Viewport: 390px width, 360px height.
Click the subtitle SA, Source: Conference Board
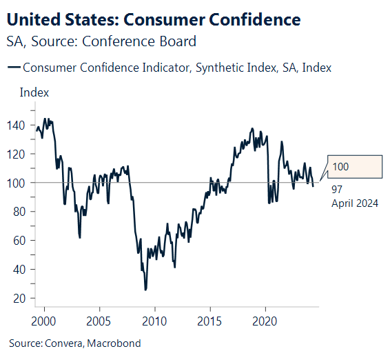click(101, 41)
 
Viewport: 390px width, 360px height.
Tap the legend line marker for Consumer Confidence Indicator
click(13, 68)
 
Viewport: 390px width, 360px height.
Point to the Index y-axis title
click(34, 92)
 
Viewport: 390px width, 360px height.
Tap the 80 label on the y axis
click(27, 212)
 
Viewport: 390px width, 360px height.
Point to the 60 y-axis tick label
click(27, 241)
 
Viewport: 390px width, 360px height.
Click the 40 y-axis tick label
click(27, 270)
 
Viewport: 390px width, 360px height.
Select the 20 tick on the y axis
click(27, 298)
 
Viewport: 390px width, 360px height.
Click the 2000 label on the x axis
click(44, 321)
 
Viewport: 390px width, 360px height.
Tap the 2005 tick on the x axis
click(99, 321)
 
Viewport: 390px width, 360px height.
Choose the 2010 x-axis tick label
click(154, 321)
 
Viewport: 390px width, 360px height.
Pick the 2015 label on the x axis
click(210, 321)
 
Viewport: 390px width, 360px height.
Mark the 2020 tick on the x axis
click(265, 321)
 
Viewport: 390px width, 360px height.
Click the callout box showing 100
click(353, 167)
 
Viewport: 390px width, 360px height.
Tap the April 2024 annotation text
click(356, 203)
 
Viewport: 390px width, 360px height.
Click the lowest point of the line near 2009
click(145, 290)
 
